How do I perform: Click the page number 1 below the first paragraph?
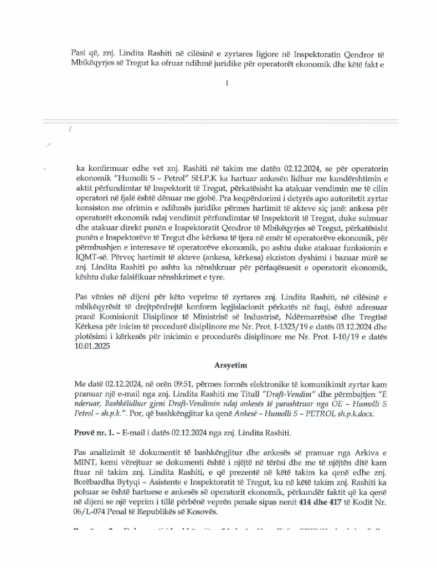coord(227,84)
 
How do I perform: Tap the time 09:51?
coord(169,384)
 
